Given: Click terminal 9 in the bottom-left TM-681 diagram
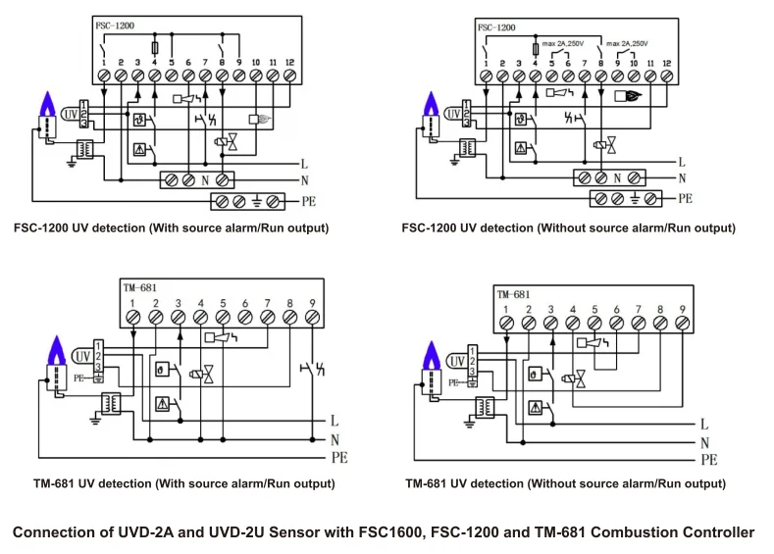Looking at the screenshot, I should [x=312, y=317].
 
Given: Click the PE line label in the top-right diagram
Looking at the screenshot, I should [x=685, y=198].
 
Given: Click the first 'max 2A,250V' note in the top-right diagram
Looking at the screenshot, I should [x=564, y=44].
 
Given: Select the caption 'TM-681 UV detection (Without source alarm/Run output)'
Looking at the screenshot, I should [x=565, y=483].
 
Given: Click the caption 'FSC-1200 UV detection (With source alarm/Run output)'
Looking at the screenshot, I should [x=171, y=228].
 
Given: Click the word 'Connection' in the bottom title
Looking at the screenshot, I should [x=56, y=532].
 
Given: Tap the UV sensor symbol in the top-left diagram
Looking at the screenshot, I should [x=71, y=115].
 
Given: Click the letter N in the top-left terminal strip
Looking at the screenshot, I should [x=205, y=180].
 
